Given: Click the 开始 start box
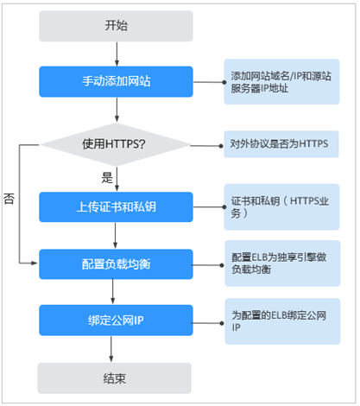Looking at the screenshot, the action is (116, 26).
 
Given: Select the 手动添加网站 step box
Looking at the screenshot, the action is (116, 81).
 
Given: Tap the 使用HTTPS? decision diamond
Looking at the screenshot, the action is (116, 144).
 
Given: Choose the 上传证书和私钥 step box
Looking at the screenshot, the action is (116, 206).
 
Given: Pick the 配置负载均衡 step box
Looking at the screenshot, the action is (116, 264).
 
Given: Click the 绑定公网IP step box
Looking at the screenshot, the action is (116, 320).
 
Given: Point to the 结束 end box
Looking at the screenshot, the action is (115, 378).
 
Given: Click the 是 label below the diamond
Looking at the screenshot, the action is (107, 178).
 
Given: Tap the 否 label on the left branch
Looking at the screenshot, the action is (9, 199).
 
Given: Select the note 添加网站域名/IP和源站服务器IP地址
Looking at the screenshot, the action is (281, 82).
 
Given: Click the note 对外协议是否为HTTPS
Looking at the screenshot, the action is (281, 144).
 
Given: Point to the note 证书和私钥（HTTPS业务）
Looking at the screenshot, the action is (281, 207).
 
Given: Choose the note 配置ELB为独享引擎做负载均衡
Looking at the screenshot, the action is (282, 263).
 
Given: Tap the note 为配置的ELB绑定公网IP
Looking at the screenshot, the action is (282, 321).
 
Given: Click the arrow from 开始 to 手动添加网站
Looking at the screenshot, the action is (117, 54).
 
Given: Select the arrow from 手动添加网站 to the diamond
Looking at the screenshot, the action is (117, 110).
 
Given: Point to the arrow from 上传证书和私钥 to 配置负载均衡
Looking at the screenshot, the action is (115, 236).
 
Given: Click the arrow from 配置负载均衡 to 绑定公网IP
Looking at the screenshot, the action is (113, 292).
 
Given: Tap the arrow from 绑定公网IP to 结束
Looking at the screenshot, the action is (111, 349).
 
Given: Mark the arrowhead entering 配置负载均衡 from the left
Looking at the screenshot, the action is (35, 263).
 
